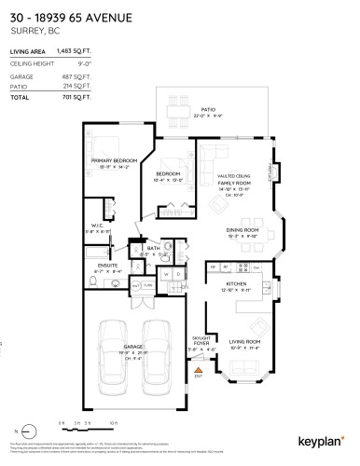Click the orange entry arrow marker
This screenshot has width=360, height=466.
197,370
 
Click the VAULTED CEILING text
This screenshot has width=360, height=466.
233,176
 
